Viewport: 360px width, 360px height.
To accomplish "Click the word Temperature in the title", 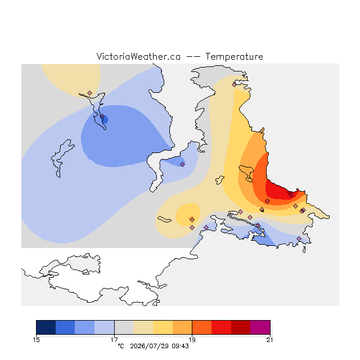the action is point(234,56).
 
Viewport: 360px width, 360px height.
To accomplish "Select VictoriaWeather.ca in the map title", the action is point(138,56).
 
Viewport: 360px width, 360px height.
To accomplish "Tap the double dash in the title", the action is point(193,57).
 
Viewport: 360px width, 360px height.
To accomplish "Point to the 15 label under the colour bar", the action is point(36,340).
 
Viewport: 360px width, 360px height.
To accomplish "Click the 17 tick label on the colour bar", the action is point(114,340).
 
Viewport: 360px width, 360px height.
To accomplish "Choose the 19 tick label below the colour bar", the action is point(192,340).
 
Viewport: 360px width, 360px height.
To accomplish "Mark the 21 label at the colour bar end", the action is point(270,340).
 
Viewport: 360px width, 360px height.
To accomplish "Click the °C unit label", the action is point(121,346).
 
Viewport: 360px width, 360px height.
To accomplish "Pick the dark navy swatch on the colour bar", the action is point(46,327).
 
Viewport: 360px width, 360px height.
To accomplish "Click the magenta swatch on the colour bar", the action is point(260,327).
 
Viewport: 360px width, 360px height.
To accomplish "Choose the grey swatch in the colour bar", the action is point(124,327).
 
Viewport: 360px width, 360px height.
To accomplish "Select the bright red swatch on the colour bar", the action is point(221,327).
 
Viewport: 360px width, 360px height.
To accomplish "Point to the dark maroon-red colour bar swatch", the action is point(241,327).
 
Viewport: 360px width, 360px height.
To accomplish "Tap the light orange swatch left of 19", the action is point(182,327).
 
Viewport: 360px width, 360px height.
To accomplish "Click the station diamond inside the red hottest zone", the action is point(291,195).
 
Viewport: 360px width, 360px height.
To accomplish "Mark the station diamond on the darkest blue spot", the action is point(102,116).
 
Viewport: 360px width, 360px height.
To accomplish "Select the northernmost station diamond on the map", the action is point(234,85).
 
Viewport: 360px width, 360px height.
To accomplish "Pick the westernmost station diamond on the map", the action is point(90,93).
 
